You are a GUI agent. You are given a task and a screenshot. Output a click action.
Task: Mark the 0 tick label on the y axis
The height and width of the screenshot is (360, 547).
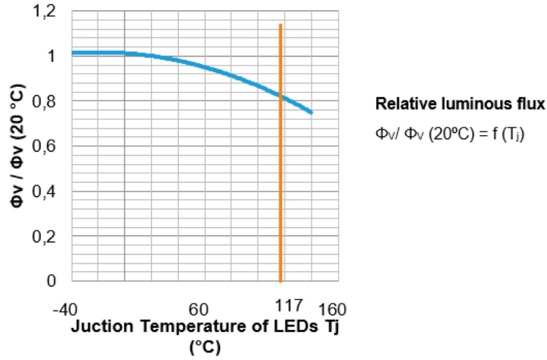52,281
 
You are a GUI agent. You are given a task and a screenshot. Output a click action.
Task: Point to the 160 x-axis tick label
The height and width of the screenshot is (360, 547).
332,310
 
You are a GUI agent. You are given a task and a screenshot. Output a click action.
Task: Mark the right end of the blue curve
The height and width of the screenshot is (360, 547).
311,112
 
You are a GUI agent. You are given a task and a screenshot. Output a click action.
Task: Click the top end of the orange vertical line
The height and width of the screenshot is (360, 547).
280,25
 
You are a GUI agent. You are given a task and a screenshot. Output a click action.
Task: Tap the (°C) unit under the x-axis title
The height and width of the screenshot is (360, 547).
205,347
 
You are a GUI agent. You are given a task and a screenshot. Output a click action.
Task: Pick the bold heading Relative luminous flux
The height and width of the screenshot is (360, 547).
460,105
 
